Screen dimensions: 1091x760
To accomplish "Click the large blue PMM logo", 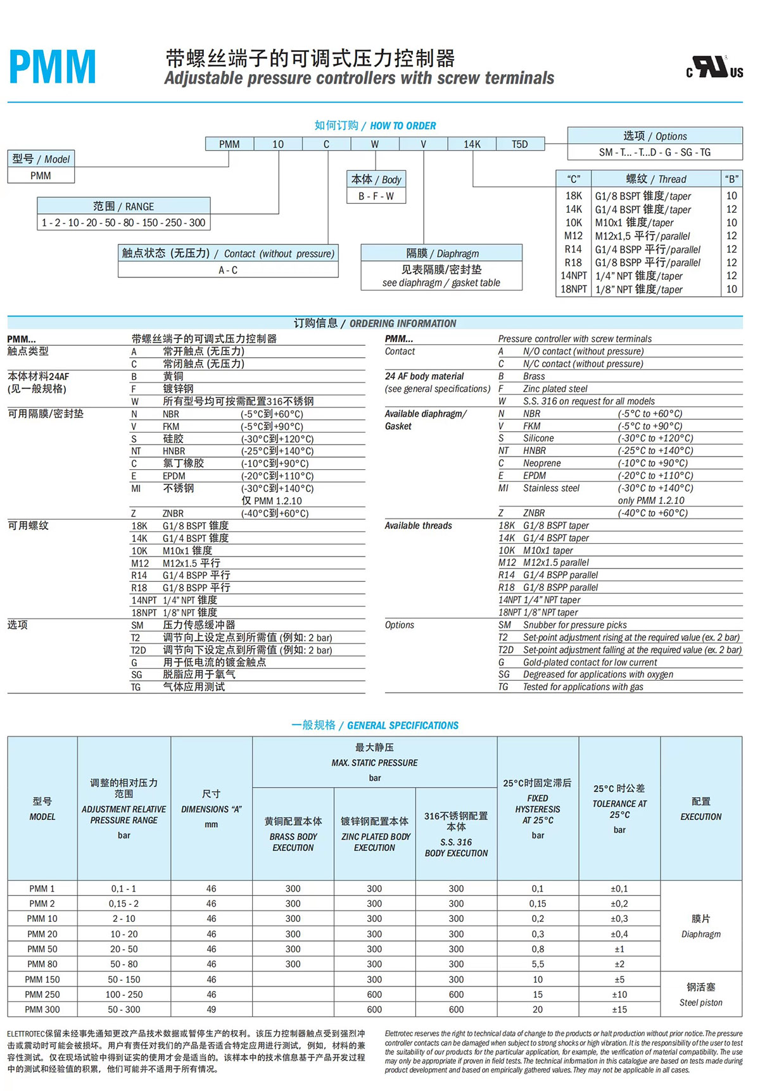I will (x=53, y=67).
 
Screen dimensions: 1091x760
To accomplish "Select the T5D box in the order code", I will (x=519, y=144).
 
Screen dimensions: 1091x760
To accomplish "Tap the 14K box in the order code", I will (x=472, y=144).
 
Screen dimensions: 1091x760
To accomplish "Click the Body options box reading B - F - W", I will (x=376, y=196).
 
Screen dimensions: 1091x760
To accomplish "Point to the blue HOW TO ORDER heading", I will (x=403, y=126).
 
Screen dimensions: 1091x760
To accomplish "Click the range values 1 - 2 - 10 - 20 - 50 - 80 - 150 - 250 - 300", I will (x=123, y=223).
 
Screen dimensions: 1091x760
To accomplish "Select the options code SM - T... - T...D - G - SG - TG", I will (x=655, y=153).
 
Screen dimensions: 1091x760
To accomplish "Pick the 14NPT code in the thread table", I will (x=573, y=276).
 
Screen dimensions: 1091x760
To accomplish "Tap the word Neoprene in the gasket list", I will (x=541, y=464).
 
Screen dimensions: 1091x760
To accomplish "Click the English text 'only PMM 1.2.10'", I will (x=651, y=501).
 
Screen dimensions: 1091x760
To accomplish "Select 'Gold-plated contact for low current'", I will (x=590, y=662).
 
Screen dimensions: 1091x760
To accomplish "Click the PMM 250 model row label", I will (x=42, y=995).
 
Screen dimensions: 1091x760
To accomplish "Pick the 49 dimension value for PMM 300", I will (x=211, y=1010).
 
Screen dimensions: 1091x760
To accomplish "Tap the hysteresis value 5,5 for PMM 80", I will (x=538, y=964).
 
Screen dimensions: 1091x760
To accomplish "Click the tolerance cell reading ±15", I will (x=619, y=1010).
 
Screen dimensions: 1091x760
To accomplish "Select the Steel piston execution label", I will (x=700, y=1002).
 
